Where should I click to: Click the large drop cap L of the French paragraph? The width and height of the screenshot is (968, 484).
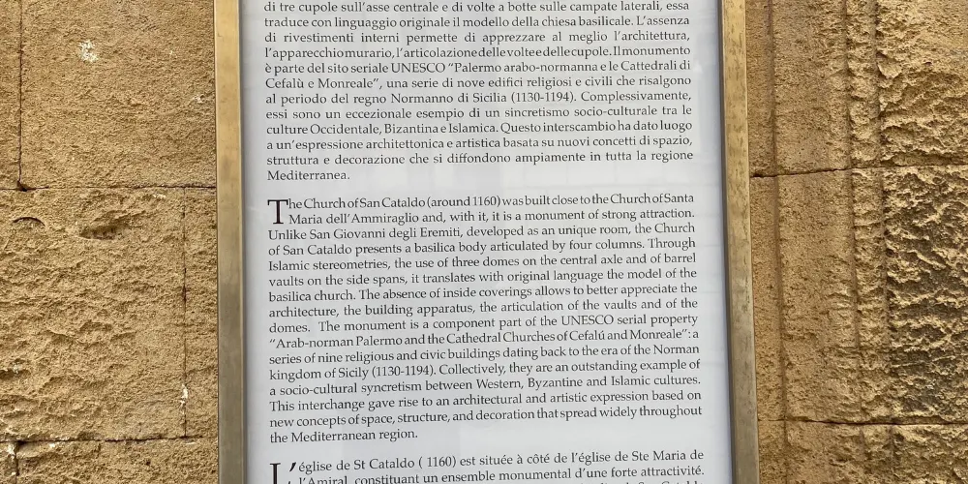pyautogui.click(x=278, y=469)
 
